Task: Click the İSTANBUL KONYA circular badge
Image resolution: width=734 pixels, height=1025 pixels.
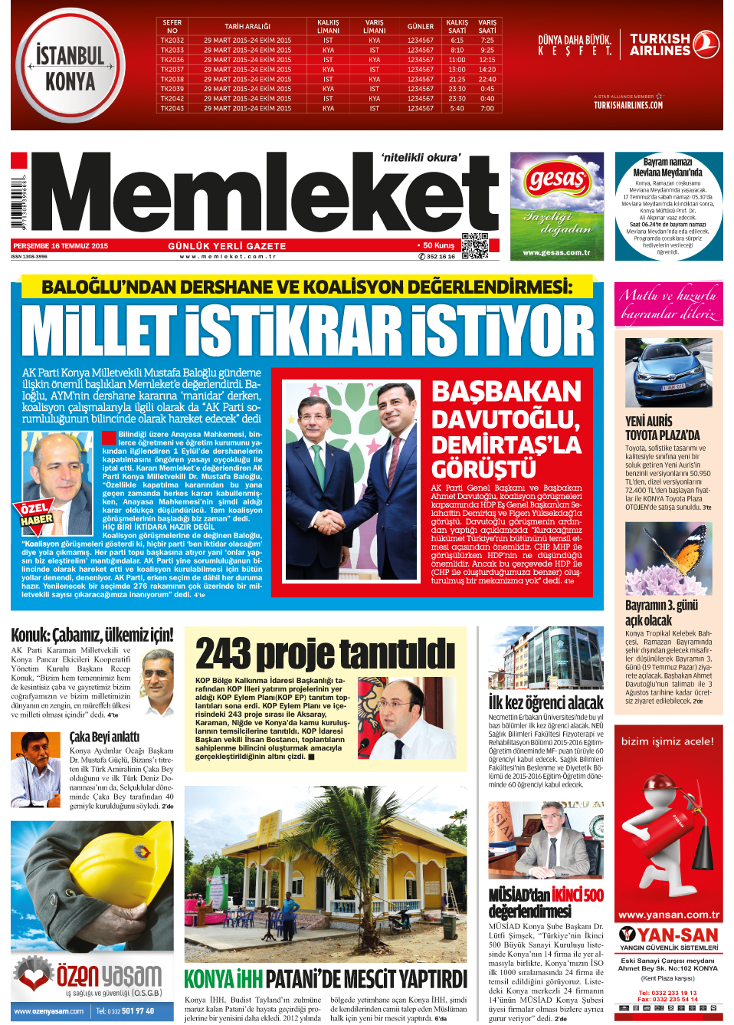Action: [x=70, y=67]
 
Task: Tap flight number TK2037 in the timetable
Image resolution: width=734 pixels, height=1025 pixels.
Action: [x=172, y=69]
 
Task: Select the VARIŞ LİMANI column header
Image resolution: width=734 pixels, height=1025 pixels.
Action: [x=374, y=27]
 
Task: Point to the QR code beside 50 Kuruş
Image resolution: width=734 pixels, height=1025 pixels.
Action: [x=475, y=245]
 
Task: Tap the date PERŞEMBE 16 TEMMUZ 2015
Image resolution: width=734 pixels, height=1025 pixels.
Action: [x=61, y=246]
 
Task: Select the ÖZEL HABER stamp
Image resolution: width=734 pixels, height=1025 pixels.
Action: [x=36, y=514]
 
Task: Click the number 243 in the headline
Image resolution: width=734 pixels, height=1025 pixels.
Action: [x=223, y=654]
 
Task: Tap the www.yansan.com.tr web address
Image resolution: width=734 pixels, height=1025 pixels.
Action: [x=668, y=915]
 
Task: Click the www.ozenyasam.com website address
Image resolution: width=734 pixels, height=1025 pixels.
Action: [x=49, y=1011]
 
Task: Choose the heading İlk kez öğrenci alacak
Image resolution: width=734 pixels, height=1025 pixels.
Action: [x=546, y=702]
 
